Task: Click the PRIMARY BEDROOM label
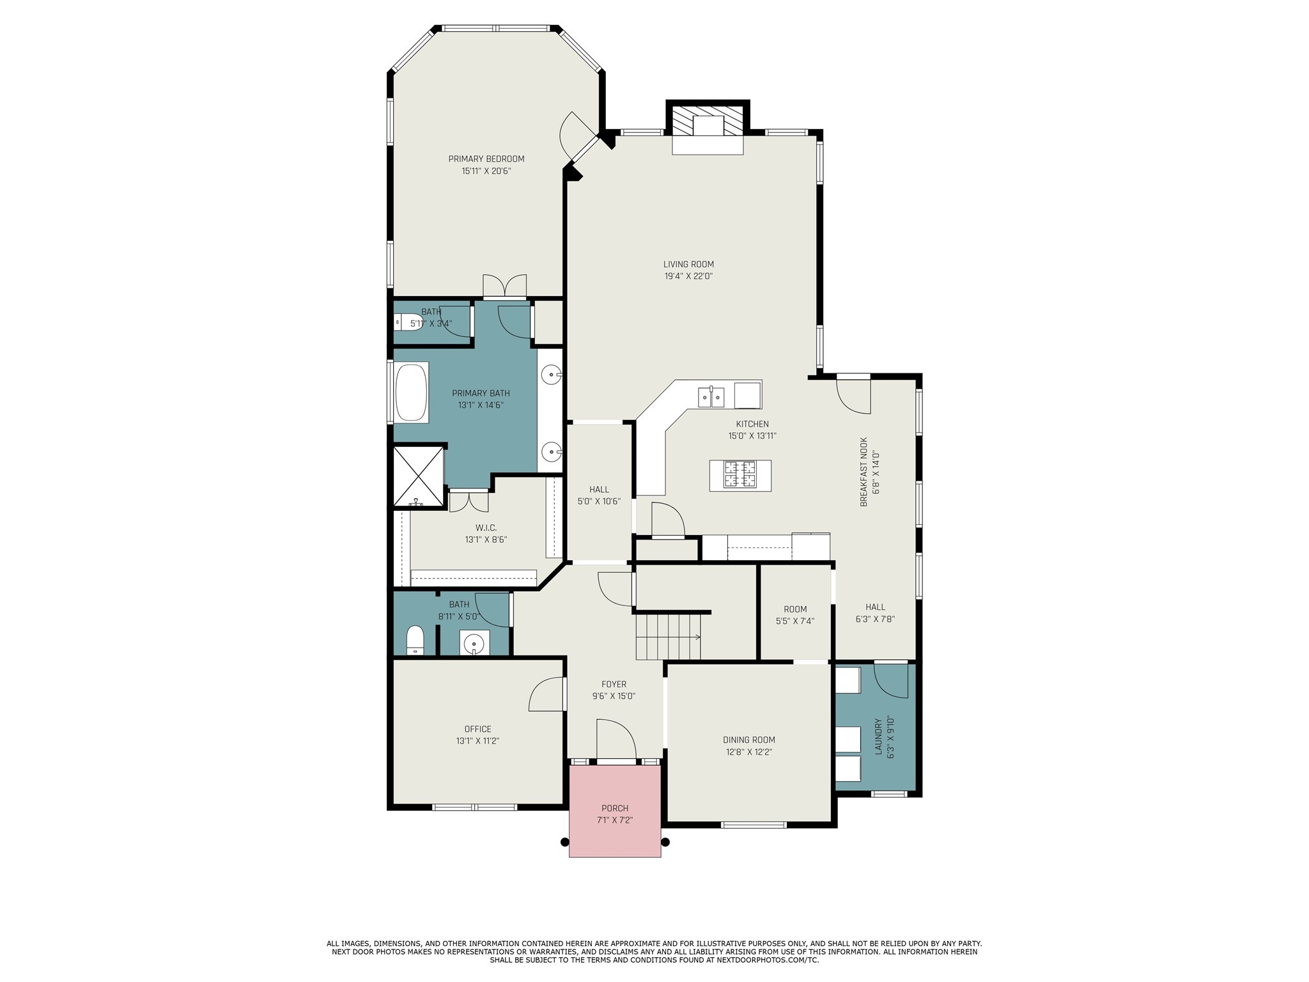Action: [486, 159]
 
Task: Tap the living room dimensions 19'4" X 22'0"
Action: [688, 276]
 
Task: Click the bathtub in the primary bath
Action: [411, 392]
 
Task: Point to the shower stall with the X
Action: [417, 476]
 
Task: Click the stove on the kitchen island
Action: [740, 475]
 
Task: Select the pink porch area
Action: [614, 812]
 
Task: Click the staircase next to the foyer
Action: [668, 636]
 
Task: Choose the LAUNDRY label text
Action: [878, 736]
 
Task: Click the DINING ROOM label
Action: [749, 740]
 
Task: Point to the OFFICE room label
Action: [477, 729]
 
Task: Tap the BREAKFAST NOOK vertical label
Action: [864, 472]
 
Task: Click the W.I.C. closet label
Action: [486, 527]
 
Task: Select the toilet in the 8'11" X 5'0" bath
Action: [415, 641]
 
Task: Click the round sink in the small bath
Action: [474, 643]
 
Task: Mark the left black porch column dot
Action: [564, 841]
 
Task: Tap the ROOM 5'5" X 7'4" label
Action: [795, 609]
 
